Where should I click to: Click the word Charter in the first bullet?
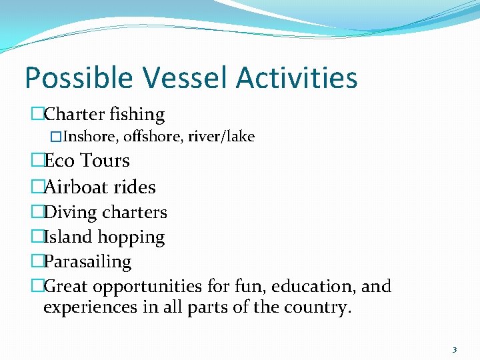(x=74, y=115)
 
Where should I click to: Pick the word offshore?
(x=155, y=137)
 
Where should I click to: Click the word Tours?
(x=105, y=161)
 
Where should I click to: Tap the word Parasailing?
(x=87, y=262)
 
